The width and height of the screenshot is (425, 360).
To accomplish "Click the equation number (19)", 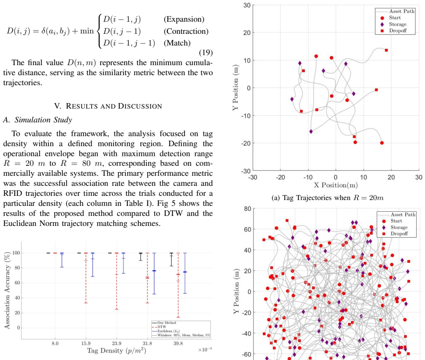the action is coord(206,53).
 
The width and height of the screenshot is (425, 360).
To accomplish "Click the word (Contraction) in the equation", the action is coord(186,31).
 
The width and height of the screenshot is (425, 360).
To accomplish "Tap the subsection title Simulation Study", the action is coord(43,120).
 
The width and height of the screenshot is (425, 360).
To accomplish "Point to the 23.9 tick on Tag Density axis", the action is coord(116,343).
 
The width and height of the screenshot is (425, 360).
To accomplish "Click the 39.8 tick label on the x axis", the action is coord(178,343).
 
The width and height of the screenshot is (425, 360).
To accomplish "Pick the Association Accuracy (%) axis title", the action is coord(7,290).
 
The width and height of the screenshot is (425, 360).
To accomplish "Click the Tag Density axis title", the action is coord(116,351).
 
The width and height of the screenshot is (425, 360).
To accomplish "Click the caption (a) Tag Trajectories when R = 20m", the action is coord(327,198).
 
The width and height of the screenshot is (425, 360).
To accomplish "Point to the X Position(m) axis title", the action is coord(336,185).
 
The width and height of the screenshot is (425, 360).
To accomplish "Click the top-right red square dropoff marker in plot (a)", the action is coord(386,50).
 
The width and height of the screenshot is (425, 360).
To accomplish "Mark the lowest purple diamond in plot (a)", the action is coord(311,132).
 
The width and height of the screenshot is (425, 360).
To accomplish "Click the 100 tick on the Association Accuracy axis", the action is coord(16,253).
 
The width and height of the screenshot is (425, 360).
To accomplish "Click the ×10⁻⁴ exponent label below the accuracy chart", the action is coord(205,350).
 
